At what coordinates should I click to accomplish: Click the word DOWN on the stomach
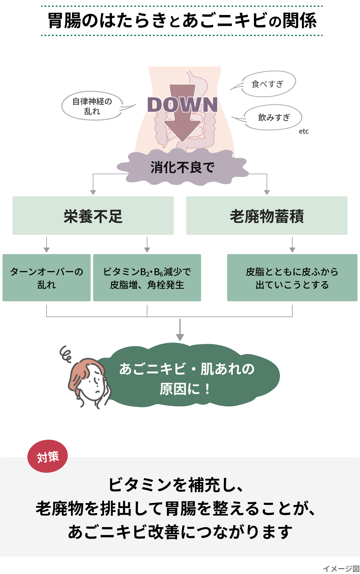pos(182,105)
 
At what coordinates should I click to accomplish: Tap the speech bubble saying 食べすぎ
pos(268,84)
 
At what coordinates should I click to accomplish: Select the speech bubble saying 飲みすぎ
pos(273,117)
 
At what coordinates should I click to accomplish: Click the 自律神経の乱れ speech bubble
pos(92,106)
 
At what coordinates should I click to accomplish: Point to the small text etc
pos(304,131)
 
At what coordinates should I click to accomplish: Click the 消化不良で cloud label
pos(182,168)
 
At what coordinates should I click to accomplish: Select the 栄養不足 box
pos(93,216)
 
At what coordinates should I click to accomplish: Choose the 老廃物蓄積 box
pos(267,216)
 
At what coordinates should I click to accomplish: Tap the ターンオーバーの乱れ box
pos(47,278)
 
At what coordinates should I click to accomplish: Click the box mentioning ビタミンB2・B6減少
pos(147,278)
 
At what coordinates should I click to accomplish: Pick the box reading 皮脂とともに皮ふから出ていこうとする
pos(292,278)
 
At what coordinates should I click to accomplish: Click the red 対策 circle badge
pos(47,456)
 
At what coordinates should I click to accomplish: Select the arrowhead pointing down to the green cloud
pos(180,337)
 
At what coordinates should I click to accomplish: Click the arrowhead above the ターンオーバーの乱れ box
pos(47,250)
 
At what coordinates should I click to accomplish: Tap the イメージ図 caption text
pos(341,569)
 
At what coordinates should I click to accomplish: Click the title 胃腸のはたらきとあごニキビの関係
pos(182,21)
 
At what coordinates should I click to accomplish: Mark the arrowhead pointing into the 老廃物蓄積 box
pos(267,192)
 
